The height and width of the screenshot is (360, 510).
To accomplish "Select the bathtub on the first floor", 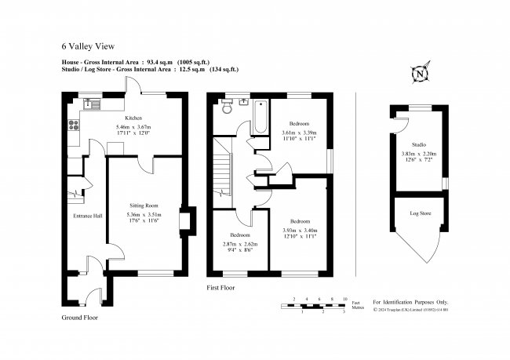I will (x=260, y=118).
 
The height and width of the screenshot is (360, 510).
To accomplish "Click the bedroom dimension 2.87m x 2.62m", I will (x=240, y=244).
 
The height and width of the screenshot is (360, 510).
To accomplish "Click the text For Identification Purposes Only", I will (x=410, y=300).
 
